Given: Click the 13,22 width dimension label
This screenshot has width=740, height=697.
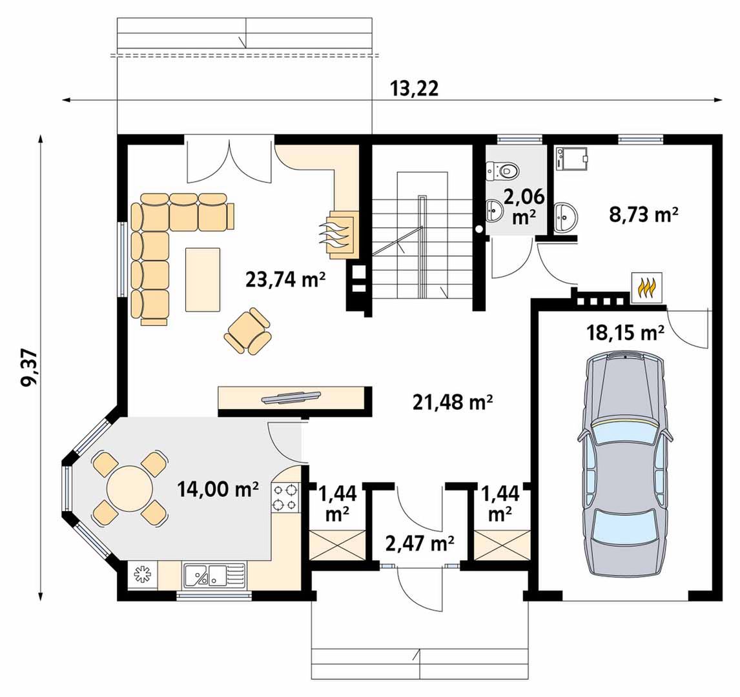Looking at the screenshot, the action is click(415, 89).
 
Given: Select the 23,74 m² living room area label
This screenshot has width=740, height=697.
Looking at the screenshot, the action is click(285, 279).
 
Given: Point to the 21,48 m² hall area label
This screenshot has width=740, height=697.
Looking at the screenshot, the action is click(453, 402).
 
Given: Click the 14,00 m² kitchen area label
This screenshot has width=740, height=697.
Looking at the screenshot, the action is click(218, 489).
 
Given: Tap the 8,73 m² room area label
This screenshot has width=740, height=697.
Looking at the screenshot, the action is click(644, 214).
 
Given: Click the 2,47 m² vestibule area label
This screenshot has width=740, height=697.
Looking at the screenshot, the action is click(420, 544).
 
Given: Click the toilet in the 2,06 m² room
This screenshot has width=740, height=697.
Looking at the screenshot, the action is click(502, 170).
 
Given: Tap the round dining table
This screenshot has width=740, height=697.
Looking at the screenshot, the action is click(130, 488).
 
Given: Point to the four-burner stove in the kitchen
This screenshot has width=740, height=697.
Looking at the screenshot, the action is click(286, 497).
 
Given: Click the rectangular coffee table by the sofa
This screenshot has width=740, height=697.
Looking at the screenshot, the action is click(203, 279).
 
